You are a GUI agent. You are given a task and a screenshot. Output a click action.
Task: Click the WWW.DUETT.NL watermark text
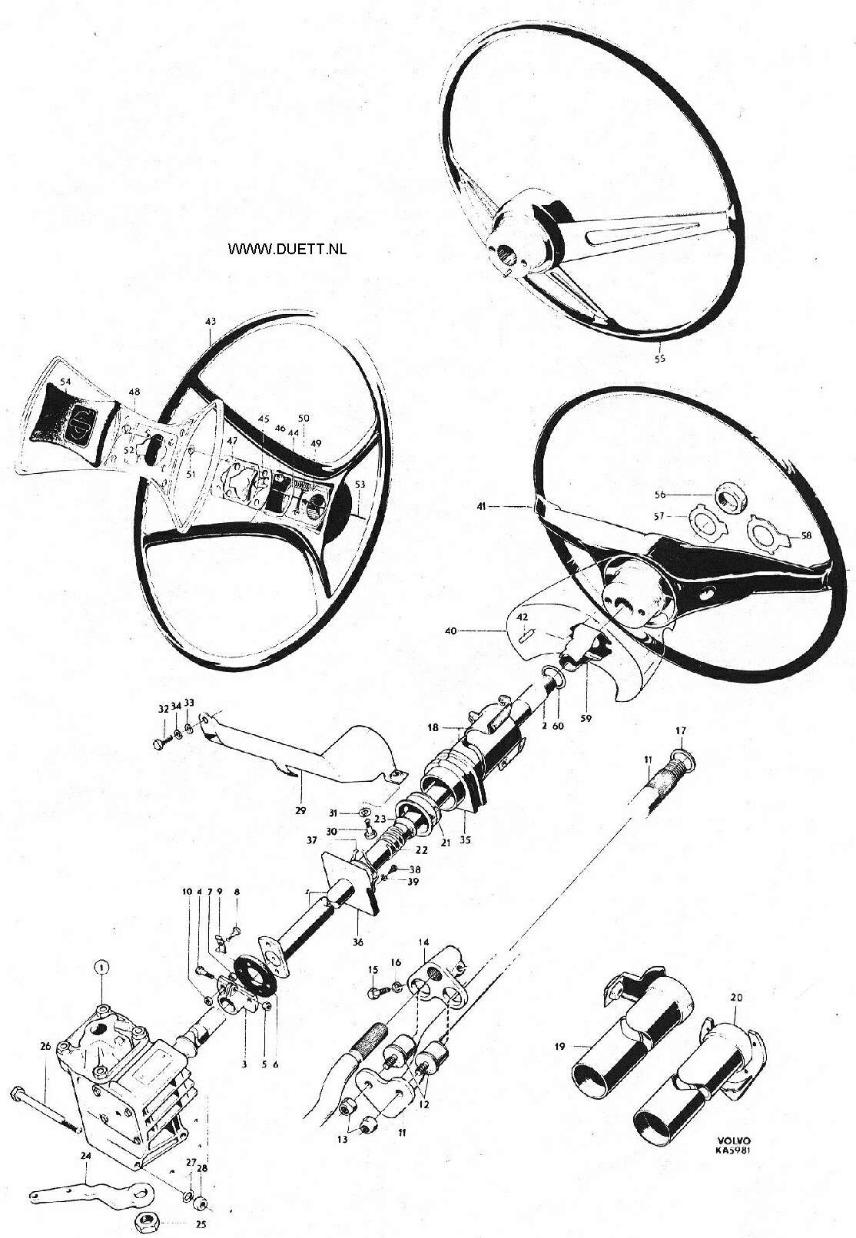point(287,250)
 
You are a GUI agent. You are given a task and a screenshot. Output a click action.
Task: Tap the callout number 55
point(660,358)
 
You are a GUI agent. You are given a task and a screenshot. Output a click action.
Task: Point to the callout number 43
point(210,321)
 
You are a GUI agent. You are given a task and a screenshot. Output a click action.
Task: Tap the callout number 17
point(680,730)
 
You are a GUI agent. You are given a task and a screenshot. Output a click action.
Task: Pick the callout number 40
point(451,630)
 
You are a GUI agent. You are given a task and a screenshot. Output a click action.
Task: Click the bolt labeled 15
point(376,994)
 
